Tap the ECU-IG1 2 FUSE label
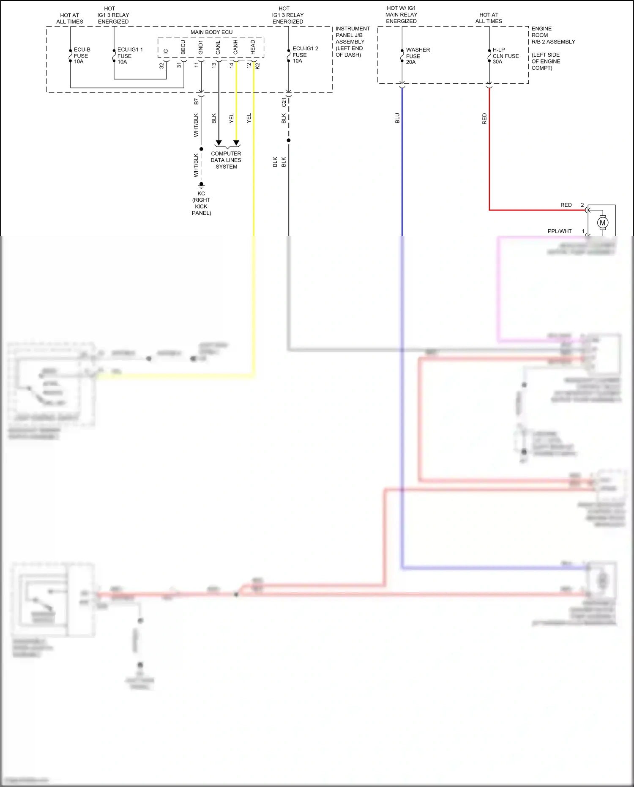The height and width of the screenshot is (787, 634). [x=304, y=55]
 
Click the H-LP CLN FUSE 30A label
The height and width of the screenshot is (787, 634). [x=505, y=56]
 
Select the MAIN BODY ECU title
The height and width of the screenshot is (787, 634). [x=211, y=32]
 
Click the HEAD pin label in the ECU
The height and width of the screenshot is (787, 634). [x=253, y=47]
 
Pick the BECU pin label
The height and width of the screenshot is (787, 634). [x=183, y=47]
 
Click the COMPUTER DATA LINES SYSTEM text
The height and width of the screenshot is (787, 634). [x=226, y=160]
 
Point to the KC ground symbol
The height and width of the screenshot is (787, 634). [x=202, y=185]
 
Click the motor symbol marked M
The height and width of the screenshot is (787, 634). [x=602, y=222]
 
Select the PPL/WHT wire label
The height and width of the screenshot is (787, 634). [x=559, y=231]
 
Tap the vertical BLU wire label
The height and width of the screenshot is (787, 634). [x=397, y=118]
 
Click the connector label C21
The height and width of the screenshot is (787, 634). [x=284, y=102]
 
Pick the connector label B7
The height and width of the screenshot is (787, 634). [x=196, y=101]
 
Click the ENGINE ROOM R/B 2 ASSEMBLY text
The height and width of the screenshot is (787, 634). [x=552, y=36]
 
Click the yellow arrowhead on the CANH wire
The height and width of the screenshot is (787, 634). [x=236, y=143]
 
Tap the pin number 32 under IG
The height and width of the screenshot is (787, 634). [x=161, y=66]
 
